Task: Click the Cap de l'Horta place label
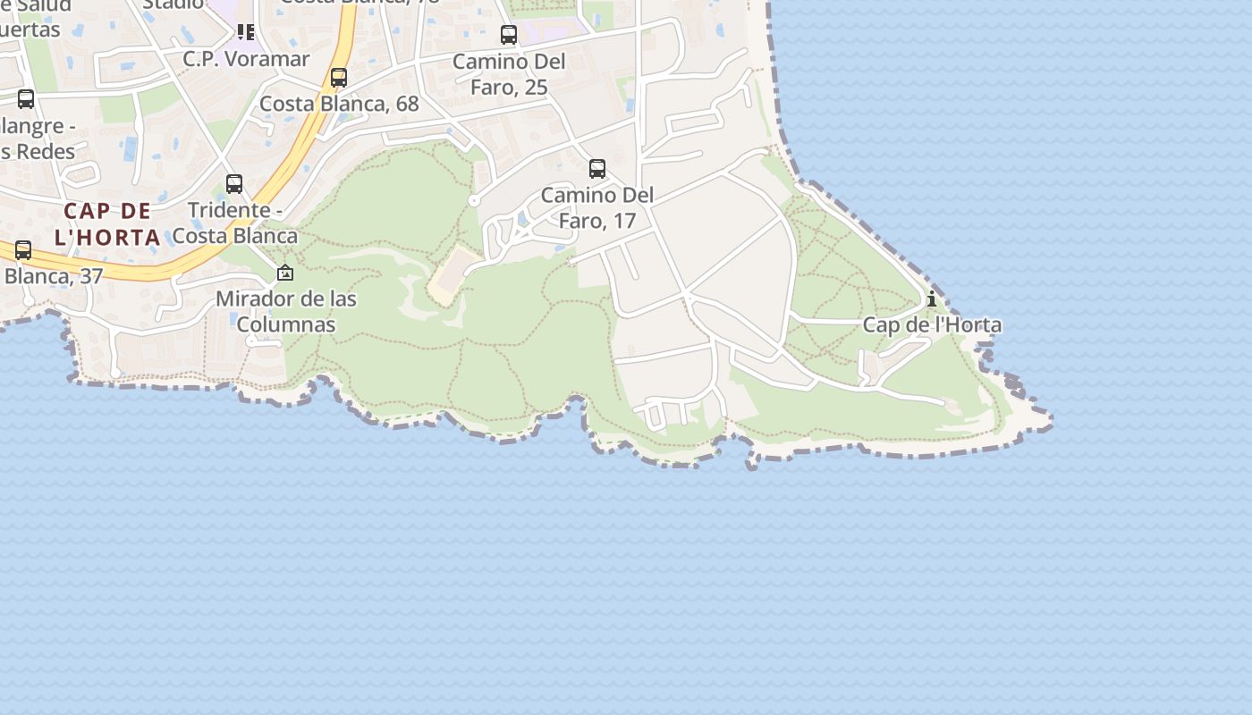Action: click(932, 324)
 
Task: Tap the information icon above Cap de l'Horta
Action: click(932, 299)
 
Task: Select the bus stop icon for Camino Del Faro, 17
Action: click(597, 168)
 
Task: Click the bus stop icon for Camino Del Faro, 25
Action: click(509, 35)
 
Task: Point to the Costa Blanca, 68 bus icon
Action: click(339, 78)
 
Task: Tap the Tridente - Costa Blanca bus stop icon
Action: click(234, 184)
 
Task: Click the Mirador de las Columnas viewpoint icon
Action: click(285, 273)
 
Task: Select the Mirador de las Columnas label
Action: click(286, 311)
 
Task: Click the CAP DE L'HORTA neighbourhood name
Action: click(108, 224)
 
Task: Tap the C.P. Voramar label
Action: click(246, 59)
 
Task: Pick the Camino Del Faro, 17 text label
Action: click(597, 207)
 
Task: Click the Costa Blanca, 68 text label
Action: click(339, 104)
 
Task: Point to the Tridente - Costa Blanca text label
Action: click(234, 223)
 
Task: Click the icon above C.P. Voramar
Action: click(246, 33)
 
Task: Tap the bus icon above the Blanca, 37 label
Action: click(23, 251)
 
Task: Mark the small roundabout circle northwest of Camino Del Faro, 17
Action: click(474, 201)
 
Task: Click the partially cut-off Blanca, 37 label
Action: click(54, 276)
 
